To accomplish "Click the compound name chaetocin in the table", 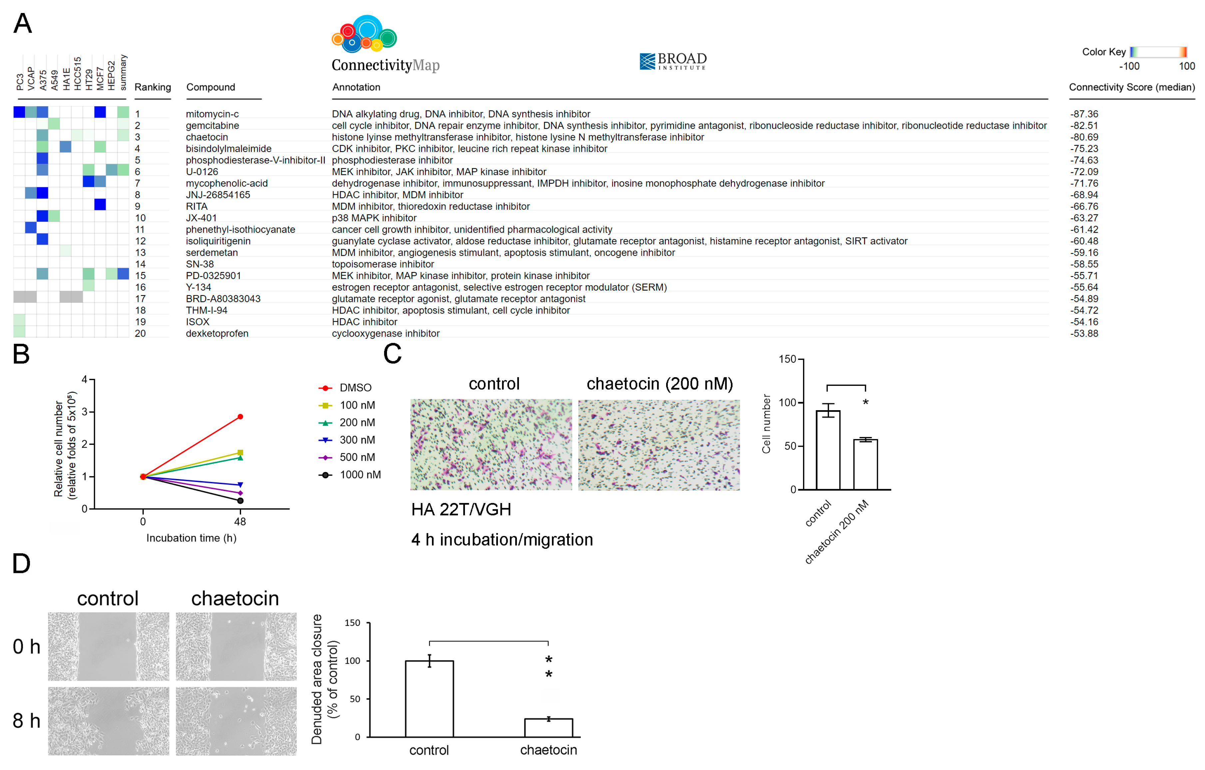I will pyautogui.click(x=207, y=137).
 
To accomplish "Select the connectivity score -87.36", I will pyautogui.click(x=1084, y=114).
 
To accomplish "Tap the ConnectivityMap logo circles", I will pyautogui.click(x=364, y=34).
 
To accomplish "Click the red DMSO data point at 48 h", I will pyautogui.click(x=240, y=417).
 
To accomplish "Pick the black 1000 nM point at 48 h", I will pyautogui.click(x=240, y=501).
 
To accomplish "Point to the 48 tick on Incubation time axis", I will pyautogui.click(x=240, y=522).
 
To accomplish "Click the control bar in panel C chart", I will pyautogui.click(x=828, y=450).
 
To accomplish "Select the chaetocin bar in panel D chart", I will pyautogui.click(x=549, y=728).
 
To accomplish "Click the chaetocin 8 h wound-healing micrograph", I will pyautogui.click(x=236, y=721).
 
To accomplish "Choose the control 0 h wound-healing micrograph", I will pyautogui.click(x=109, y=646).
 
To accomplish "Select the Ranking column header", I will pyautogui.click(x=153, y=87).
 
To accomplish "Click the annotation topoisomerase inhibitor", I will pyautogui.click(x=383, y=264).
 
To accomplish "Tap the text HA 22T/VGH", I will pyautogui.click(x=461, y=510).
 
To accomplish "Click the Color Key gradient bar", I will pyautogui.click(x=1158, y=52).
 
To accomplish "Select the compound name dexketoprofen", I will pyautogui.click(x=217, y=333).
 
